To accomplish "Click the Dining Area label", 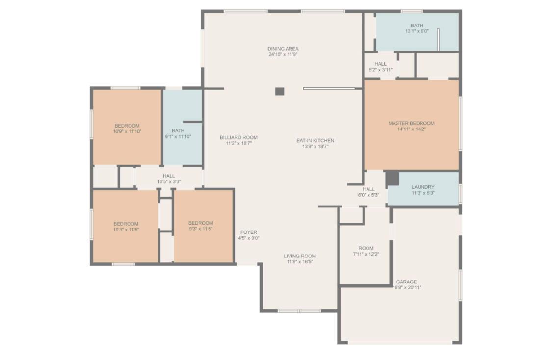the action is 283,49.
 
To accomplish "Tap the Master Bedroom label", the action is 411,123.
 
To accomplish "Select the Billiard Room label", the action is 238,138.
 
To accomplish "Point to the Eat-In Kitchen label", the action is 315,140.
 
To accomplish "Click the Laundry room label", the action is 423,187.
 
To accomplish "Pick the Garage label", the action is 406,282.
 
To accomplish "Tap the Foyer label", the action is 249,232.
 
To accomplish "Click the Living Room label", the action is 300,256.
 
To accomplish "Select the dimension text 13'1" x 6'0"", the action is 417,31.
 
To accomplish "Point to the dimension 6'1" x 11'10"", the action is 178,136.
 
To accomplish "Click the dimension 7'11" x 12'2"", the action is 366,254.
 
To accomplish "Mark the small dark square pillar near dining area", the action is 280,92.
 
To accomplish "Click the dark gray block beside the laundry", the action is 392,179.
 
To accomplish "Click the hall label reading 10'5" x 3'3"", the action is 169,179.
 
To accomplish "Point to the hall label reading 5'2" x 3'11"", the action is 380,67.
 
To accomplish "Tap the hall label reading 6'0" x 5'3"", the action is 368,192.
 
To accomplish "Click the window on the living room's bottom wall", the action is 299,311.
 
